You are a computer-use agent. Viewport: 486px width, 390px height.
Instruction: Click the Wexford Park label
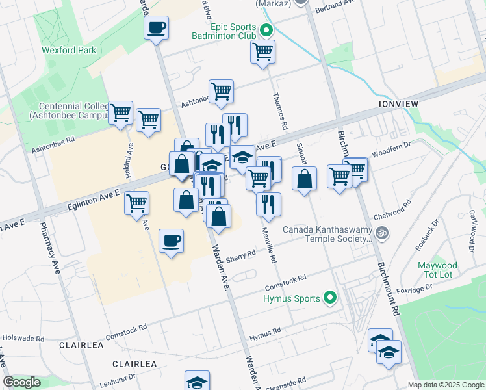tap(69, 50)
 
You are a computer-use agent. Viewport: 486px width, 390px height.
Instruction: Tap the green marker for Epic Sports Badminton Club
tap(266, 31)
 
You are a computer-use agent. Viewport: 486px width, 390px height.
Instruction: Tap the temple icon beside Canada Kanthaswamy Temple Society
tap(383, 231)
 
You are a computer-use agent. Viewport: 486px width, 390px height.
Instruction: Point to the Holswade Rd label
tap(23, 339)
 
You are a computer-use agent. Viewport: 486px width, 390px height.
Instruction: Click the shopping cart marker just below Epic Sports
tap(262, 52)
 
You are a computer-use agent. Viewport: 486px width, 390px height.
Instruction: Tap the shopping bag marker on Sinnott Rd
tap(304, 179)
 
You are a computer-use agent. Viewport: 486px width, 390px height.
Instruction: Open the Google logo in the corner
tap(21, 383)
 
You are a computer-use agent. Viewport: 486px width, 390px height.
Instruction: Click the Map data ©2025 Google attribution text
tap(445, 385)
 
